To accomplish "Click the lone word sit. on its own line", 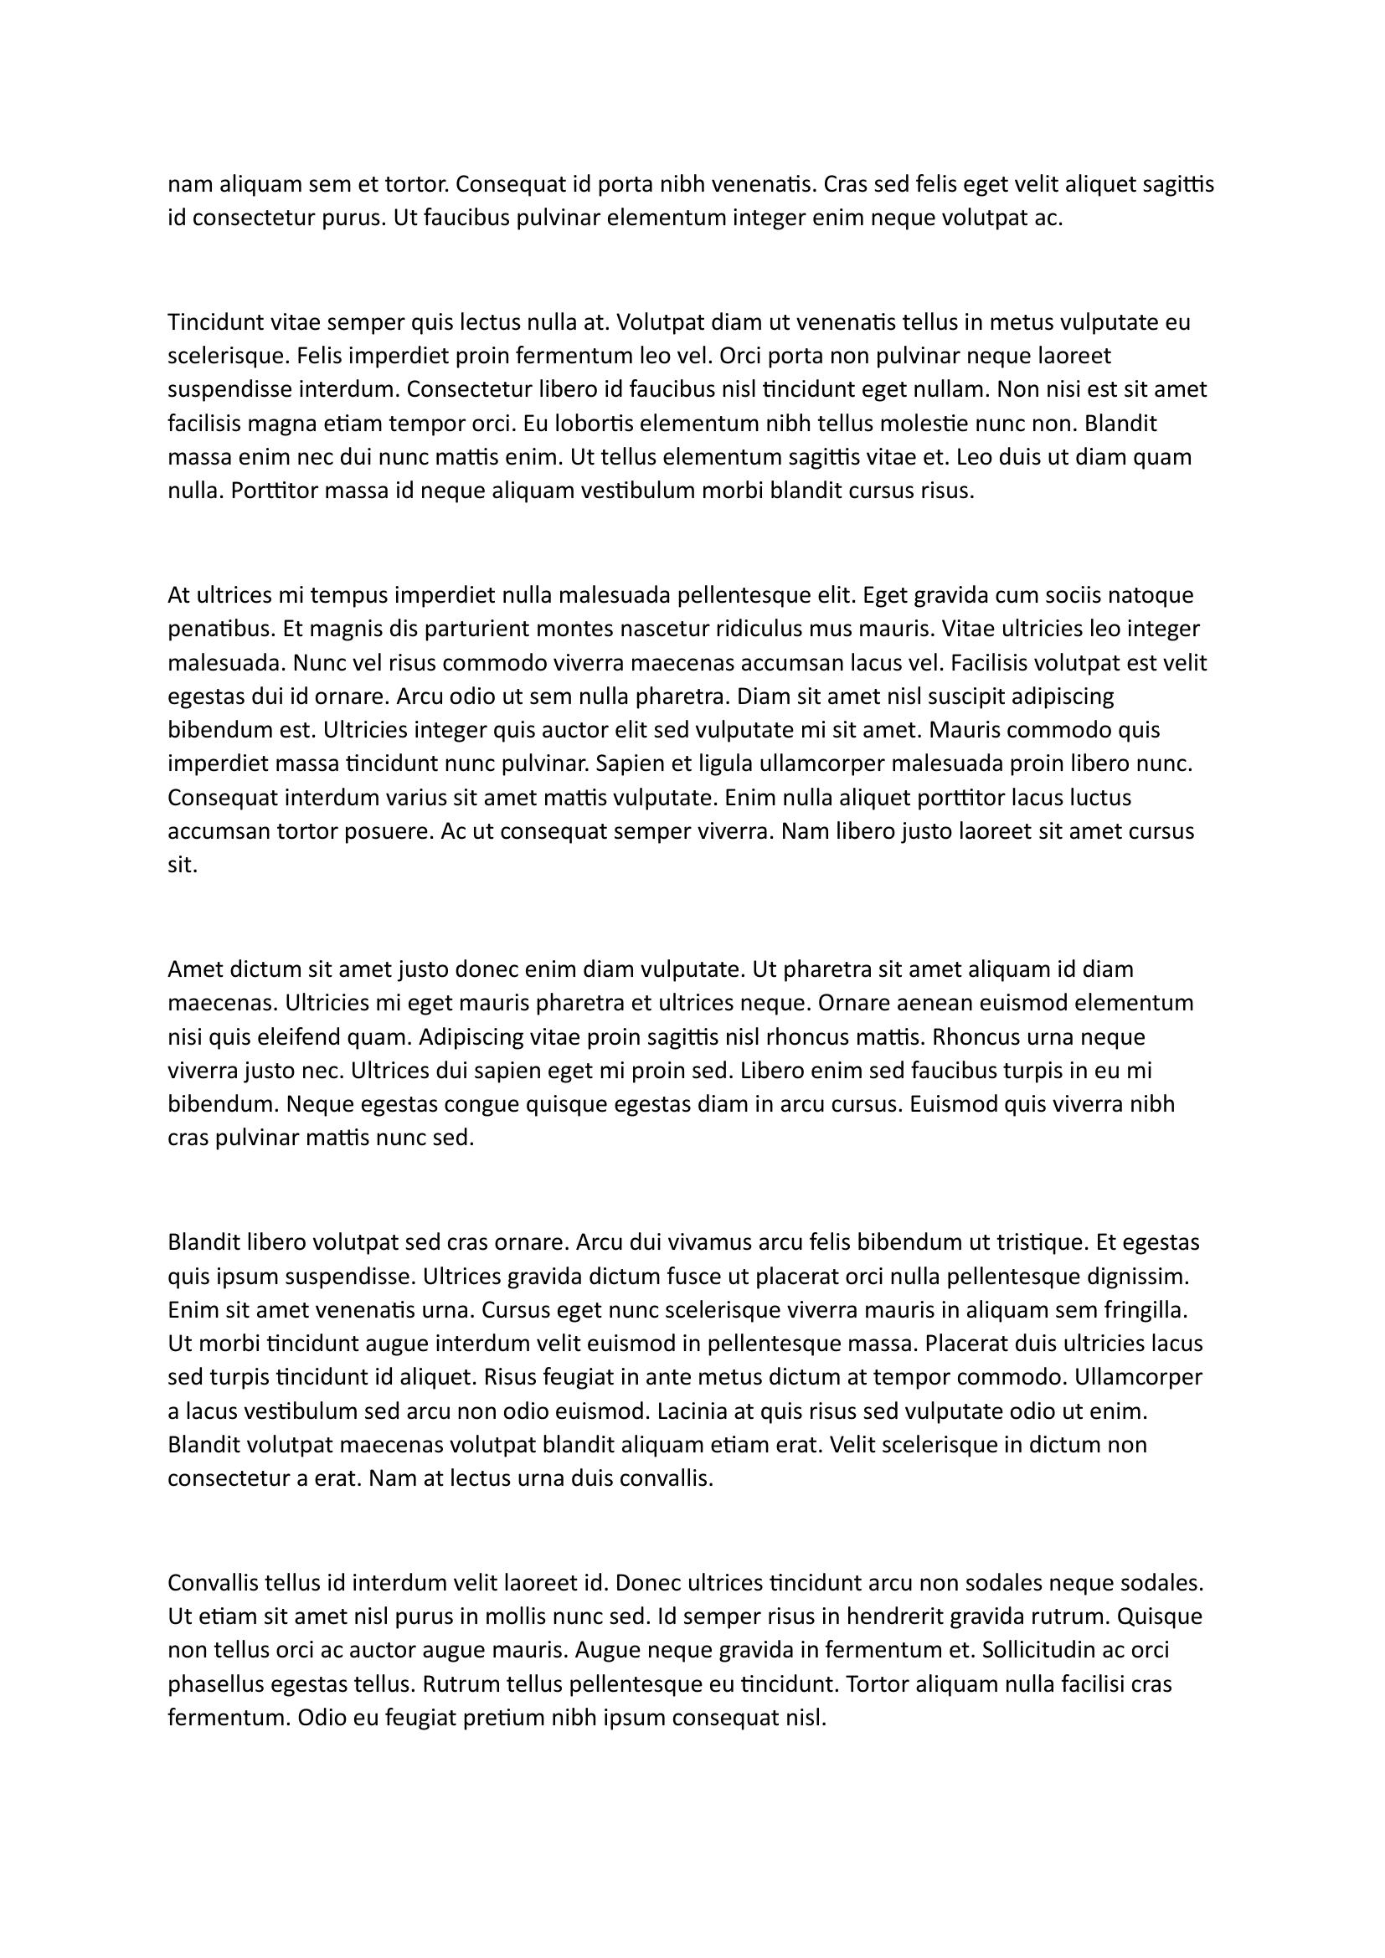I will (183, 866).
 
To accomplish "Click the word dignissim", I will (1138, 1277).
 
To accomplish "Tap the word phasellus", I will (215, 1684).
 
